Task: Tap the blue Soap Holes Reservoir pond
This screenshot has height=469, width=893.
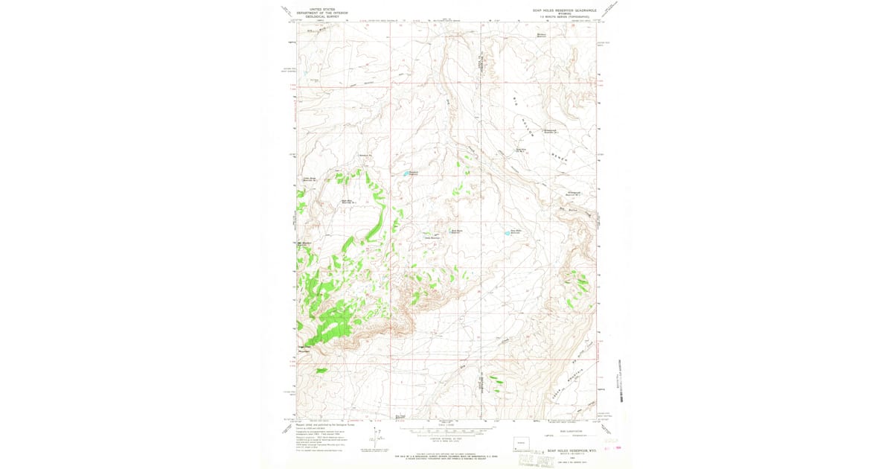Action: [512, 232]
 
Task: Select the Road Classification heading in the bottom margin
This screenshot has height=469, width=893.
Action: [560, 430]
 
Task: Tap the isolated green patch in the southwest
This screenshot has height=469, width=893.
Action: [321, 370]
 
